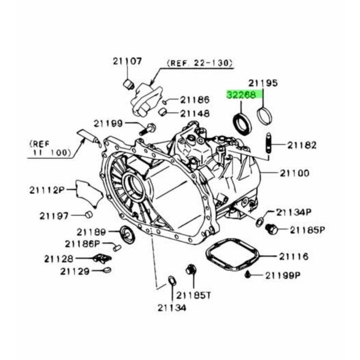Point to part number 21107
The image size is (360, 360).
pyautogui.click(x=127, y=61)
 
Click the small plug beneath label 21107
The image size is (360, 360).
pyautogui.click(x=128, y=85)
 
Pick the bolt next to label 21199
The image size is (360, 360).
pyautogui.click(x=148, y=129)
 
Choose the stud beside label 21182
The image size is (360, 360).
pyautogui.click(x=269, y=143)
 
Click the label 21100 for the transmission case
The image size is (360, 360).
pyautogui.click(x=295, y=173)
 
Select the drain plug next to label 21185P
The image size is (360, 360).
pyautogui.click(x=271, y=229)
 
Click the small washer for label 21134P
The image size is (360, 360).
pyautogui.click(x=260, y=222)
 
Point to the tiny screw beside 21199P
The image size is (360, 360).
pyautogui.click(x=247, y=274)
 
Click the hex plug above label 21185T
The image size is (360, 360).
pyautogui.click(x=190, y=270)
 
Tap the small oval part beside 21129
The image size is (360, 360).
pyautogui.click(x=107, y=270)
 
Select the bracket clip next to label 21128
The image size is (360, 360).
pyautogui.click(x=102, y=258)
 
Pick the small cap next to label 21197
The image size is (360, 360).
pyautogui.click(x=89, y=214)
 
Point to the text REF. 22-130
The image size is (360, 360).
pyautogui.click(x=200, y=63)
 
